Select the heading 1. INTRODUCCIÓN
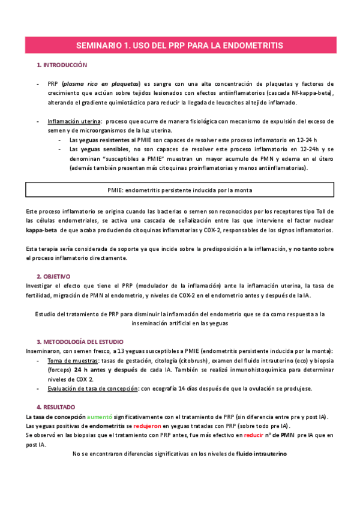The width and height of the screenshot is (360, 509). click(62, 65)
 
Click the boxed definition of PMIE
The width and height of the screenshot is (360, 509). click(180, 190)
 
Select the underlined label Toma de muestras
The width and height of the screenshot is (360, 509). click(72, 360)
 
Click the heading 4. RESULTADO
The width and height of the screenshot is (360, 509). click(59, 407)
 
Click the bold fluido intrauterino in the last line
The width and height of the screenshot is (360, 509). click(262, 454)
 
